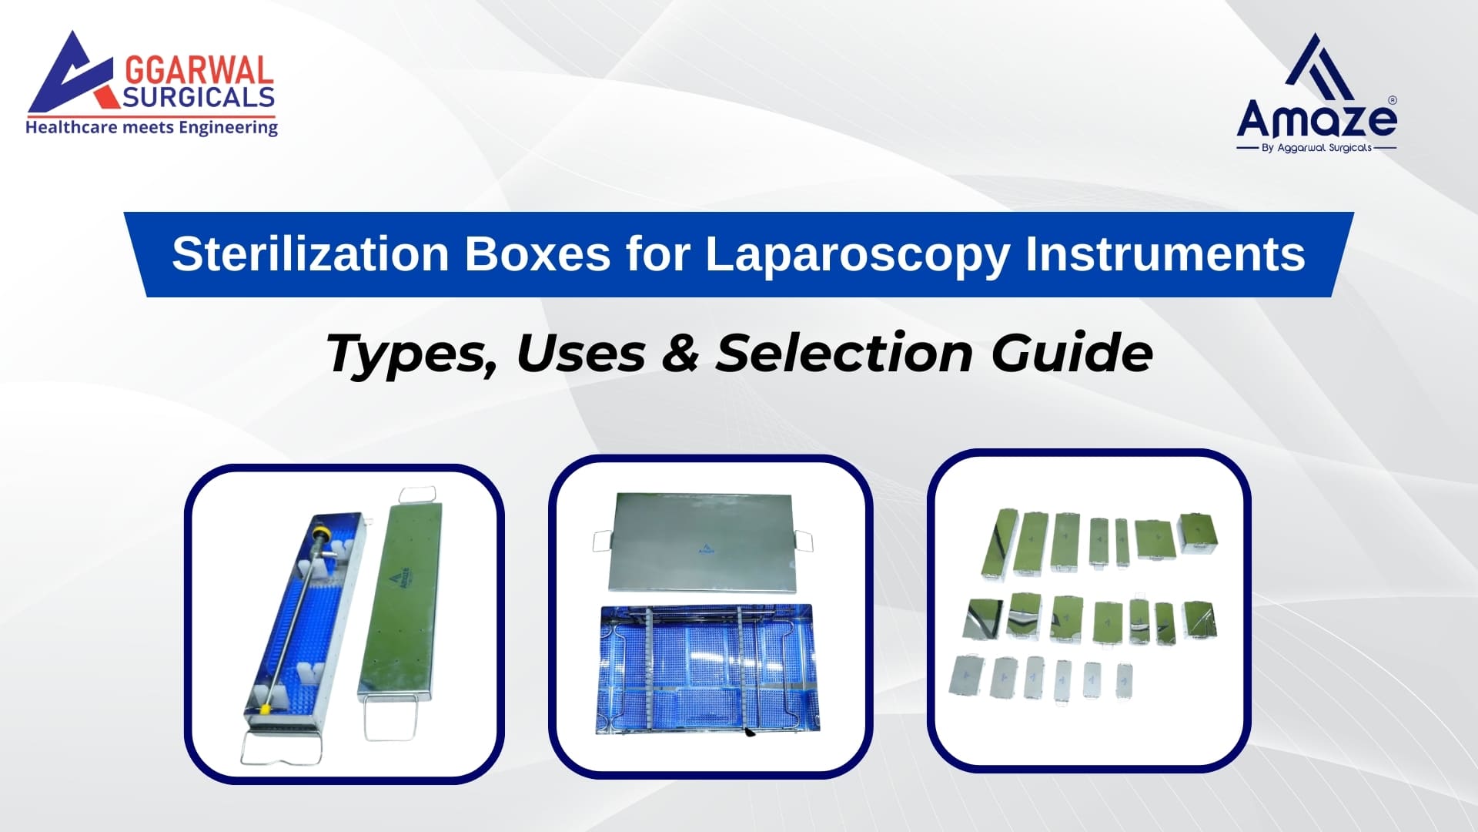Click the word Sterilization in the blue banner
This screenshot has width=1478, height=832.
click(309, 254)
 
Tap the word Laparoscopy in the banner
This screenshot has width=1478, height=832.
click(857, 254)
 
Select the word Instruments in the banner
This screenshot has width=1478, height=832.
click(1165, 254)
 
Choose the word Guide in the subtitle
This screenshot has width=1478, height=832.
click(1072, 354)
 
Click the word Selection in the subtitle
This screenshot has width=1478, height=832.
click(844, 354)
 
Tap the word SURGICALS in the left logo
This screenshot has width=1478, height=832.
click(199, 97)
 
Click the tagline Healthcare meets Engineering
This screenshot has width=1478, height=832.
click(152, 127)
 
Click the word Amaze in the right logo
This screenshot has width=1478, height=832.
click(1316, 119)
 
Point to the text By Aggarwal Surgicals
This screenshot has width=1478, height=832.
click(1316, 148)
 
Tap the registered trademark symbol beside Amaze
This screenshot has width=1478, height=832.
click(1391, 100)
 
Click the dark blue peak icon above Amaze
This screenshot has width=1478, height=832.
click(1319, 68)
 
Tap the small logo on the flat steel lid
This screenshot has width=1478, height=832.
click(705, 549)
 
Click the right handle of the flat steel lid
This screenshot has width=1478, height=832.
click(801, 541)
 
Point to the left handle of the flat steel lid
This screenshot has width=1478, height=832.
click(601, 541)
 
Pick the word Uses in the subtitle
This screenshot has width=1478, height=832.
click(580, 354)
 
